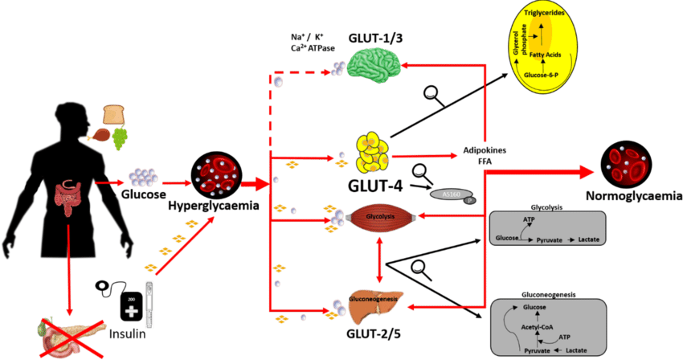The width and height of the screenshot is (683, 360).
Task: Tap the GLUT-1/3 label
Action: coord(376,39)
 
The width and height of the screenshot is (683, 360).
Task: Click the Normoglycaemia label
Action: coord(633,194)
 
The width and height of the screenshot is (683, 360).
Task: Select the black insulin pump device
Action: coord(132,306)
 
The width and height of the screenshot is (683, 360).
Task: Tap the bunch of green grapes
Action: coord(121,138)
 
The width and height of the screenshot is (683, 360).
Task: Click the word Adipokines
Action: coord(482,150)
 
